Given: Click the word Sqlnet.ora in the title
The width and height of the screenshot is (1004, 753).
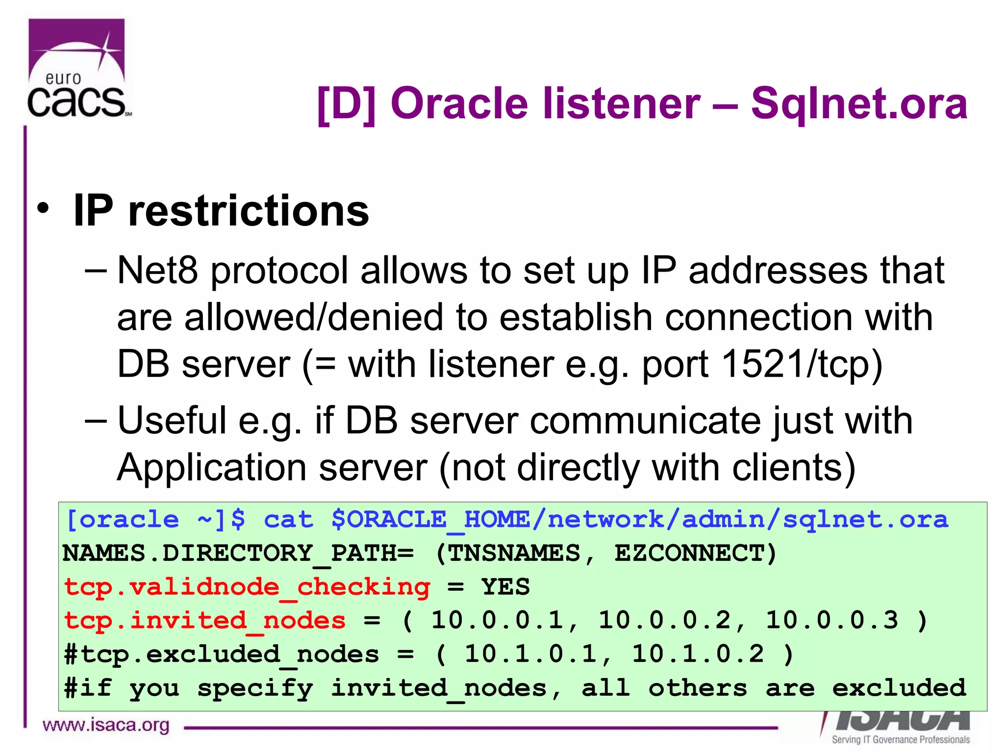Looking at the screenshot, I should coord(859,103).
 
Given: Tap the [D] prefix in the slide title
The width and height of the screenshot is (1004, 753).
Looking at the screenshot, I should coord(346,103).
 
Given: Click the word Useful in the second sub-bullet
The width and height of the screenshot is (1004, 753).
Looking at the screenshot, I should coord(172,420).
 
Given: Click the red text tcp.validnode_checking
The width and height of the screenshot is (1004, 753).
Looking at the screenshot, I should coord(247,587).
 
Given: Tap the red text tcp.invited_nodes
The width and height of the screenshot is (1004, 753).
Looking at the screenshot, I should coord(205,621).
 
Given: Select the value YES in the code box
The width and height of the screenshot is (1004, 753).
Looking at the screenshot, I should coord(505,587).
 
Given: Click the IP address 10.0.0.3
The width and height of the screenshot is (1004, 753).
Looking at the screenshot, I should coord(832,620).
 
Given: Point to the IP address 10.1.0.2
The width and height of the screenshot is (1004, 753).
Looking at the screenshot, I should coord(698,654).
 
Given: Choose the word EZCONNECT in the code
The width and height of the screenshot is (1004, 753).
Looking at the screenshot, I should coord(689,553).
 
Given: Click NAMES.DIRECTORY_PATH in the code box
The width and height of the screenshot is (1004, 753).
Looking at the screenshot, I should coord(238,553).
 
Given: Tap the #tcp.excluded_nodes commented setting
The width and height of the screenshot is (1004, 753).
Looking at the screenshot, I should coord(222,654).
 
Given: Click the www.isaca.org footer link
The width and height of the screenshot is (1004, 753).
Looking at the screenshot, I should coord(106,725).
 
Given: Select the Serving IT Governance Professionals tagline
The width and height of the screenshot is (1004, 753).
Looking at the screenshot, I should coord(901,739).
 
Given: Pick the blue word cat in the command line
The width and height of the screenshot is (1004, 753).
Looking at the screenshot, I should coord(288,520).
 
